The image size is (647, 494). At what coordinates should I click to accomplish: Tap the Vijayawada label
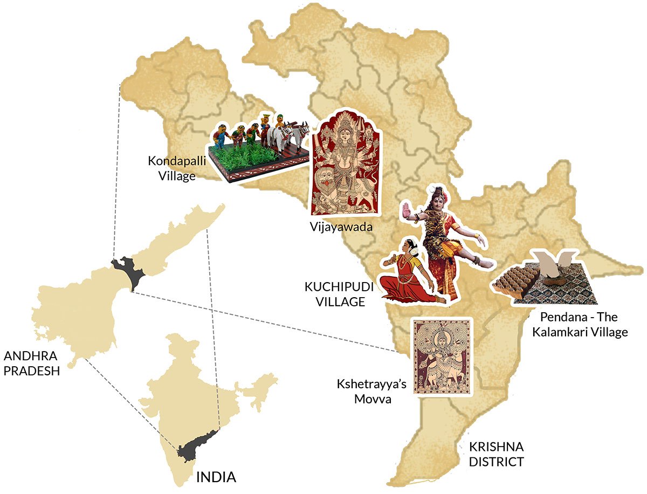pyautogui.click(x=341, y=226)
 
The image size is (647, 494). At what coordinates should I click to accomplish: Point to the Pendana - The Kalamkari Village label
pyautogui.click(x=580, y=324)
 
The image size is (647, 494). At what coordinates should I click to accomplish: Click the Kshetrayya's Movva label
pyautogui.click(x=371, y=392)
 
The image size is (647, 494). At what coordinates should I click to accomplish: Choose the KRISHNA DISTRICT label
pyautogui.click(x=496, y=454)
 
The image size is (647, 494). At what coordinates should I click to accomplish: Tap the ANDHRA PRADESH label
pyautogui.click(x=31, y=363)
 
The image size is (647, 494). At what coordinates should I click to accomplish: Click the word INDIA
pyautogui.click(x=216, y=477)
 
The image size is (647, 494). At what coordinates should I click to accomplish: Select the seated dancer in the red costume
pyautogui.click(x=408, y=275)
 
